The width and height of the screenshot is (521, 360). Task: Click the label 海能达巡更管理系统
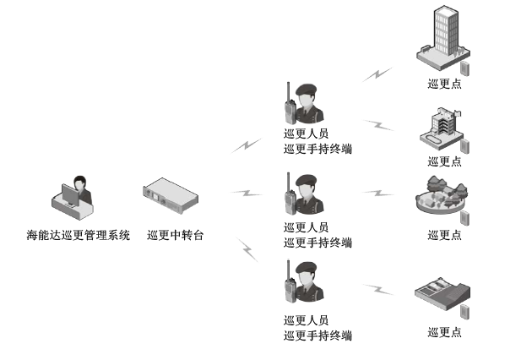[79, 236]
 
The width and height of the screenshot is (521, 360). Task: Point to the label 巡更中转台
[175, 236]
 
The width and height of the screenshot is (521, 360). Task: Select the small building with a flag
[440, 128]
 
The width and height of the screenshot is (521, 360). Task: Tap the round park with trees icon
[441, 196]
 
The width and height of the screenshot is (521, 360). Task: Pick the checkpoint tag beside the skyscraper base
[465, 67]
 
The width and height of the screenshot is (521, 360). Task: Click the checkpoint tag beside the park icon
[464, 218]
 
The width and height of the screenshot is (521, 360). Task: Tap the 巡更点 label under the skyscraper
[444, 84]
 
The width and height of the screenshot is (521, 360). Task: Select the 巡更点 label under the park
[444, 235]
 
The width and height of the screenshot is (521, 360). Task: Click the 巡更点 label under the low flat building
[444, 332]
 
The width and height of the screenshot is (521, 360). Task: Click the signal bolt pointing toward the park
[377, 193]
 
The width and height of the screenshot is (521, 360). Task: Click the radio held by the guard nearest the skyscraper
[290, 109]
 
